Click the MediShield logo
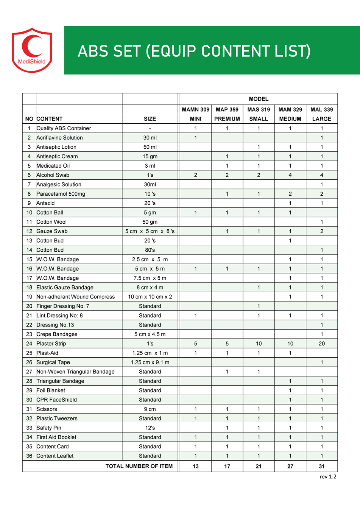[32, 50]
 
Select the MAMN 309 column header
[195, 109]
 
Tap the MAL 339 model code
[322, 109]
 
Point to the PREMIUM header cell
[227, 119]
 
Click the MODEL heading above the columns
[259, 99]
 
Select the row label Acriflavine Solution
[59, 138]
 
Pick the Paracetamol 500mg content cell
[61, 194]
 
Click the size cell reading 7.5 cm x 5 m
[150, 278]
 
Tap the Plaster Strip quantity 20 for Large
[322, 344]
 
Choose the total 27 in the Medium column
[290, 466]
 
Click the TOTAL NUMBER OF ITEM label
[139, 466]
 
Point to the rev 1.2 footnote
[328, 477]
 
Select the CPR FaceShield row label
[56, 400]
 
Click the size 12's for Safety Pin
[150, 428]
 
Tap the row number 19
[29, 297]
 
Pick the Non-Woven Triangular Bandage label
[75, 372]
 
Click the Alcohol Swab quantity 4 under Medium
[290, 175]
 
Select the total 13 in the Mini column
[195, 466]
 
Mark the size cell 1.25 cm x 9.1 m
[150, 362]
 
